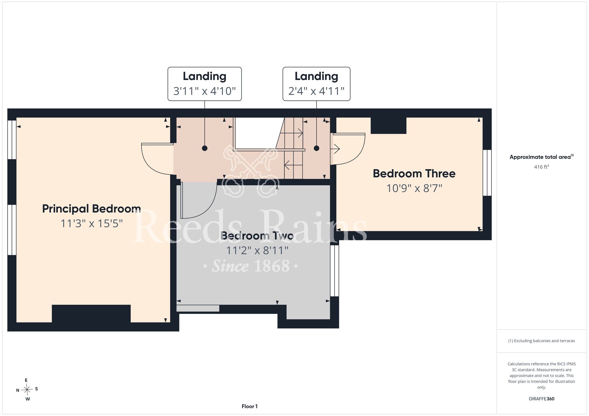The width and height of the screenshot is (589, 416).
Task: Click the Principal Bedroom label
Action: click(91, 209)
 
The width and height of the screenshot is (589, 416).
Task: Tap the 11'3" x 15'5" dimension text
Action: click(91, 224)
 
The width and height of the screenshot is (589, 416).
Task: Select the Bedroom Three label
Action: click(414, 174)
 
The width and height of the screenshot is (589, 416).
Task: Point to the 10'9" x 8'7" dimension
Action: click(414, 188)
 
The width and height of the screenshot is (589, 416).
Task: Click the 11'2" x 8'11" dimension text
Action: click(257, 251)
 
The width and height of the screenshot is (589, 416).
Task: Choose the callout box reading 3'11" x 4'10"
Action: click(205, 84)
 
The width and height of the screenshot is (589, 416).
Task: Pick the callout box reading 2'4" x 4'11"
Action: click(316, 84)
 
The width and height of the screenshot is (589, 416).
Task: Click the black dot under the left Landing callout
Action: click(205, 148)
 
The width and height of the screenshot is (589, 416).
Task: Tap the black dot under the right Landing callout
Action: click(317, 148)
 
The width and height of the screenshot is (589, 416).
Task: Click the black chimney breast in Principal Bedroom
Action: click(91, 314)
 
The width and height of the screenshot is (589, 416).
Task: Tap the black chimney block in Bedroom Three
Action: click(388, 126)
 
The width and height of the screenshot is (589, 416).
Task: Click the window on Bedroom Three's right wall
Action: click(487, 173)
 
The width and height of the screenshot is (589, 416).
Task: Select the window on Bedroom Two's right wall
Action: click(335, 271)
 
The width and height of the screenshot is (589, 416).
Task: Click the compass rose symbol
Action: click(27, 390)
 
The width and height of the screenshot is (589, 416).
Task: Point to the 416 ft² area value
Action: click(542, 167)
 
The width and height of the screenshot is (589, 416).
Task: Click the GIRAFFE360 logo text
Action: click(542, 399)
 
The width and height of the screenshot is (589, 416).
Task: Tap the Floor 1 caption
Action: click(249, 406)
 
